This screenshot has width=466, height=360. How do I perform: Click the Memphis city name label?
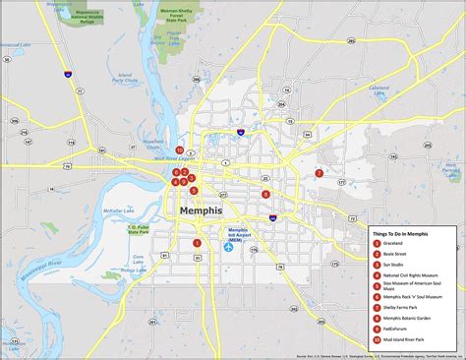point(201,210)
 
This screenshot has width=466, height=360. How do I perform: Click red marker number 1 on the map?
point(196,242)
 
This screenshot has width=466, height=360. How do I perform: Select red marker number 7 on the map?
point(320,173)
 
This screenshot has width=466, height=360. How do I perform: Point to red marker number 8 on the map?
point(265,194)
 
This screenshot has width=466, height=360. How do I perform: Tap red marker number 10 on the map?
point(179,150)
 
